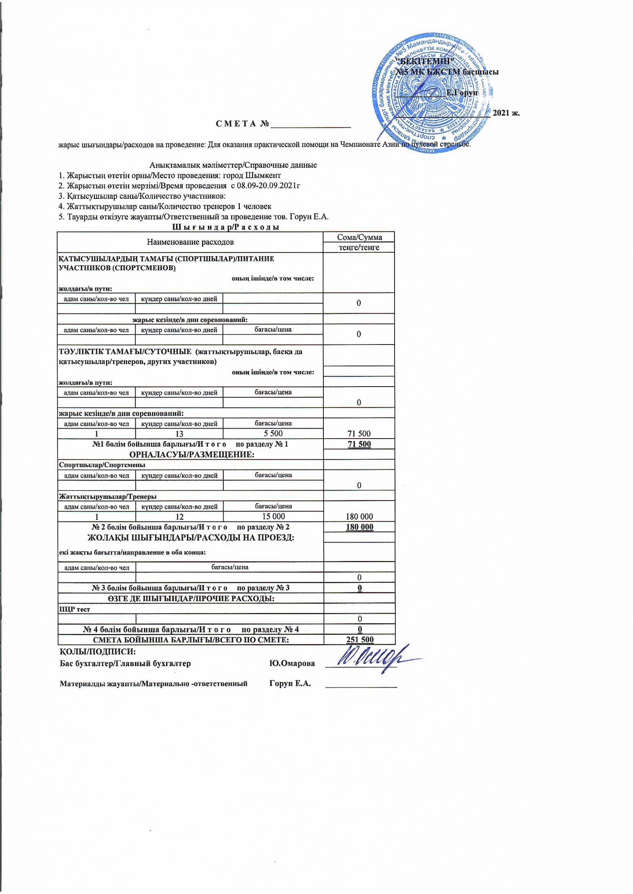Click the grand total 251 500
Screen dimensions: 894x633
[359, 639]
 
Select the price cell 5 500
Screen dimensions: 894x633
[273, 433]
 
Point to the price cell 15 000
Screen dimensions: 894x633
[273, 516]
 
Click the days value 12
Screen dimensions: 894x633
[179, 517]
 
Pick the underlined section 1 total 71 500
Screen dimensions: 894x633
[359, 444]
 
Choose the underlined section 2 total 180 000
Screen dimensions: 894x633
[359, 527]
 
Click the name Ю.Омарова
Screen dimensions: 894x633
[292, 663]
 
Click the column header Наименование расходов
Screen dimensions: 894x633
[190, 242]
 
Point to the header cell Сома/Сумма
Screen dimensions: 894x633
[359, 237]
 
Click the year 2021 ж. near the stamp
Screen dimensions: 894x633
[506, 113]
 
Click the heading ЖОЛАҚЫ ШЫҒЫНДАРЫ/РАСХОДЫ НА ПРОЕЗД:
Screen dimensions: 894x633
[191, 537]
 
